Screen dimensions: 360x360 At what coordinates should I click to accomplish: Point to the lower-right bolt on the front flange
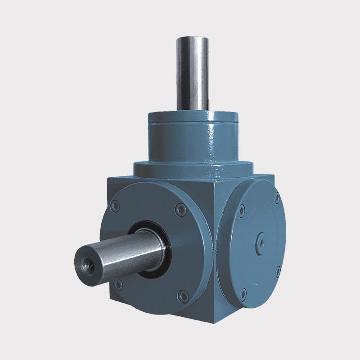[182, 295]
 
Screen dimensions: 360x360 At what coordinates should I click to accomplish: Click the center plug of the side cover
[261, 242]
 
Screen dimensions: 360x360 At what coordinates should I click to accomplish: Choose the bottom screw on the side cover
[243, 295]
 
